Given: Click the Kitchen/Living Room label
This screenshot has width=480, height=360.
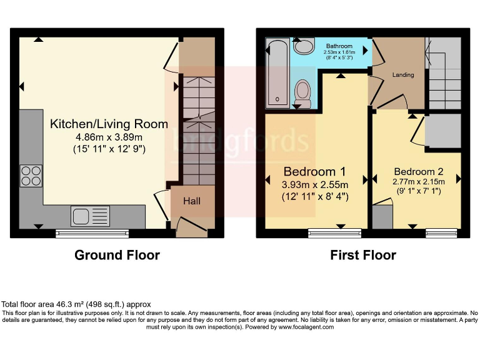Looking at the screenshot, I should coord(109,124).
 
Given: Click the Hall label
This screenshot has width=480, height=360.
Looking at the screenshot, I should coord(191,201).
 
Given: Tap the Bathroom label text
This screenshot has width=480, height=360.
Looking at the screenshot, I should coord(339,46).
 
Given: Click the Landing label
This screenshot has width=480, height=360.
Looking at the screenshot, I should coord(402,75).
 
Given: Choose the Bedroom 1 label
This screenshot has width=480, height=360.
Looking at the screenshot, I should coord(315,171).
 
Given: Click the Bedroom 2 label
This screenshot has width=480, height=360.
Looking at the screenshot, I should coord(418,171).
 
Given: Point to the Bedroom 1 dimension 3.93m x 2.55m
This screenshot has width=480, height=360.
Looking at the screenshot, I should coord(316,184).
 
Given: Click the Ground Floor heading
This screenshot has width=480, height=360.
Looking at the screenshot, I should coord(117,255).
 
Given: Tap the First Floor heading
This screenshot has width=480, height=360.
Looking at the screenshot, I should coord(363,255).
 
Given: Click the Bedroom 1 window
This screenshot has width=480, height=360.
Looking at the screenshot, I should coord(334,233).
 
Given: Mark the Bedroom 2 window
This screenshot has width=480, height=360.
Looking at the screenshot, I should coord(437,233).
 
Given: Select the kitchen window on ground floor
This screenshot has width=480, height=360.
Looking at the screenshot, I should coord(92,233).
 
